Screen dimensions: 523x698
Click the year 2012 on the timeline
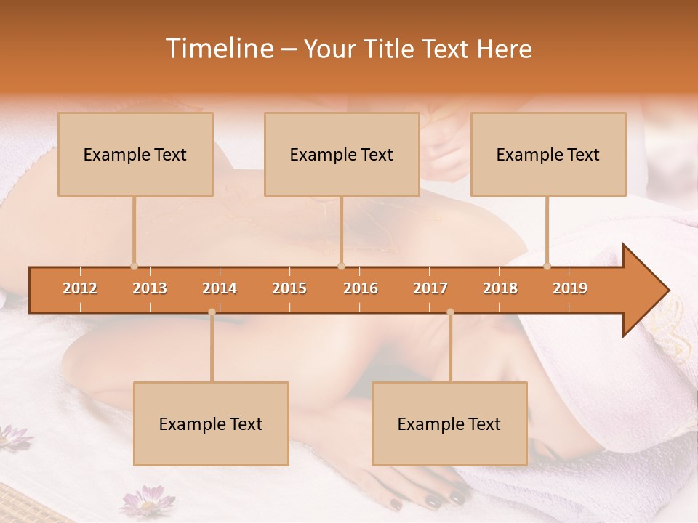(80, 288)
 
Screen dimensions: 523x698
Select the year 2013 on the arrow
(150, 288)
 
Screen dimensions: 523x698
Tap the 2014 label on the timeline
(220, 288)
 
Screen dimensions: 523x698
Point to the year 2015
(289, 288)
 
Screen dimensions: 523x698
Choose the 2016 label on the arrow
(361, 288)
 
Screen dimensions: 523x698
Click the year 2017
(430, 288)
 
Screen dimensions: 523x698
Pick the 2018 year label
(500, 288)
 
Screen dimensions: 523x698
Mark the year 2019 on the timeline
(570, 288)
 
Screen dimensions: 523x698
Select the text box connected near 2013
(135, 154)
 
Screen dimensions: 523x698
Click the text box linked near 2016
(342, 154)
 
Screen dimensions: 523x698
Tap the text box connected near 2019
(548, 154)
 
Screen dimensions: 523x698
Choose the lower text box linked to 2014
(211, 423)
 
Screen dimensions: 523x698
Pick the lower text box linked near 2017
(449, 423)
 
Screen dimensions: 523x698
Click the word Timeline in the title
(219, 49)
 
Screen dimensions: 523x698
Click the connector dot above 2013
(134, 266)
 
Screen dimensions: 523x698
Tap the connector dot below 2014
(212, 312)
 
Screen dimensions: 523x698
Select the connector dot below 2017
(450, 312)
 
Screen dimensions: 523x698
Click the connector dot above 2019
(547, 266)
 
